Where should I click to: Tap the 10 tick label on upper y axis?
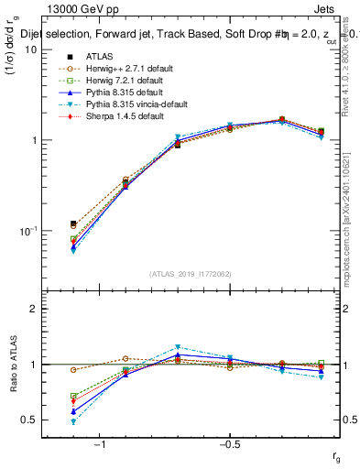point(30,49)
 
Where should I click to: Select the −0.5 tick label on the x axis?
point(228,444)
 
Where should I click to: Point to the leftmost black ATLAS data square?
point(73,224)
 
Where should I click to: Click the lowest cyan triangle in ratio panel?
point(73,421)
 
